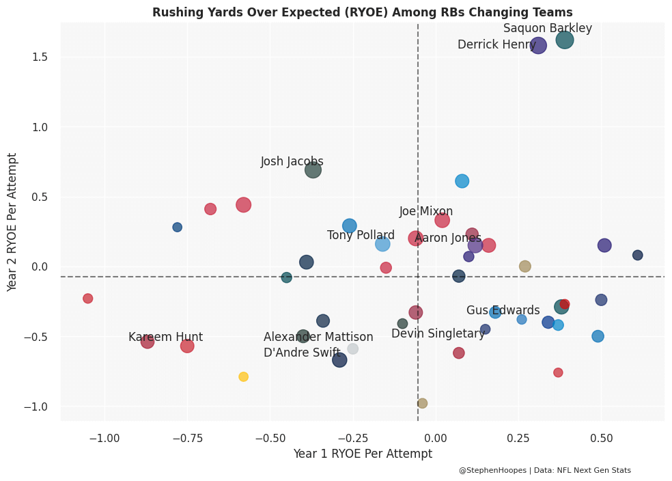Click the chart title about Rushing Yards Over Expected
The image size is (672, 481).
362,12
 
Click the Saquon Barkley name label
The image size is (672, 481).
547,29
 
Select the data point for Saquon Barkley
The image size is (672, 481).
565,40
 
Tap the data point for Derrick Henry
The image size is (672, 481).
538,46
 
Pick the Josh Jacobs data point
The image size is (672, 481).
313,170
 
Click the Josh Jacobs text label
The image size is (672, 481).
292,162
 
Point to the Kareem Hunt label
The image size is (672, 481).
165,338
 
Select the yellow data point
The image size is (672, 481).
244,376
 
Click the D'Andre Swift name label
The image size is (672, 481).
302,353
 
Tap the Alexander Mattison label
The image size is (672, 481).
318,338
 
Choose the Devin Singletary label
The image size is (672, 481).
438,333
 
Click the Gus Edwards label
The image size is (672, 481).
503,311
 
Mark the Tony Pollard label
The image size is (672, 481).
361,236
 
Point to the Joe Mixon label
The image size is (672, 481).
426,212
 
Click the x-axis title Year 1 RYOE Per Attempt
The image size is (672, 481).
363,454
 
